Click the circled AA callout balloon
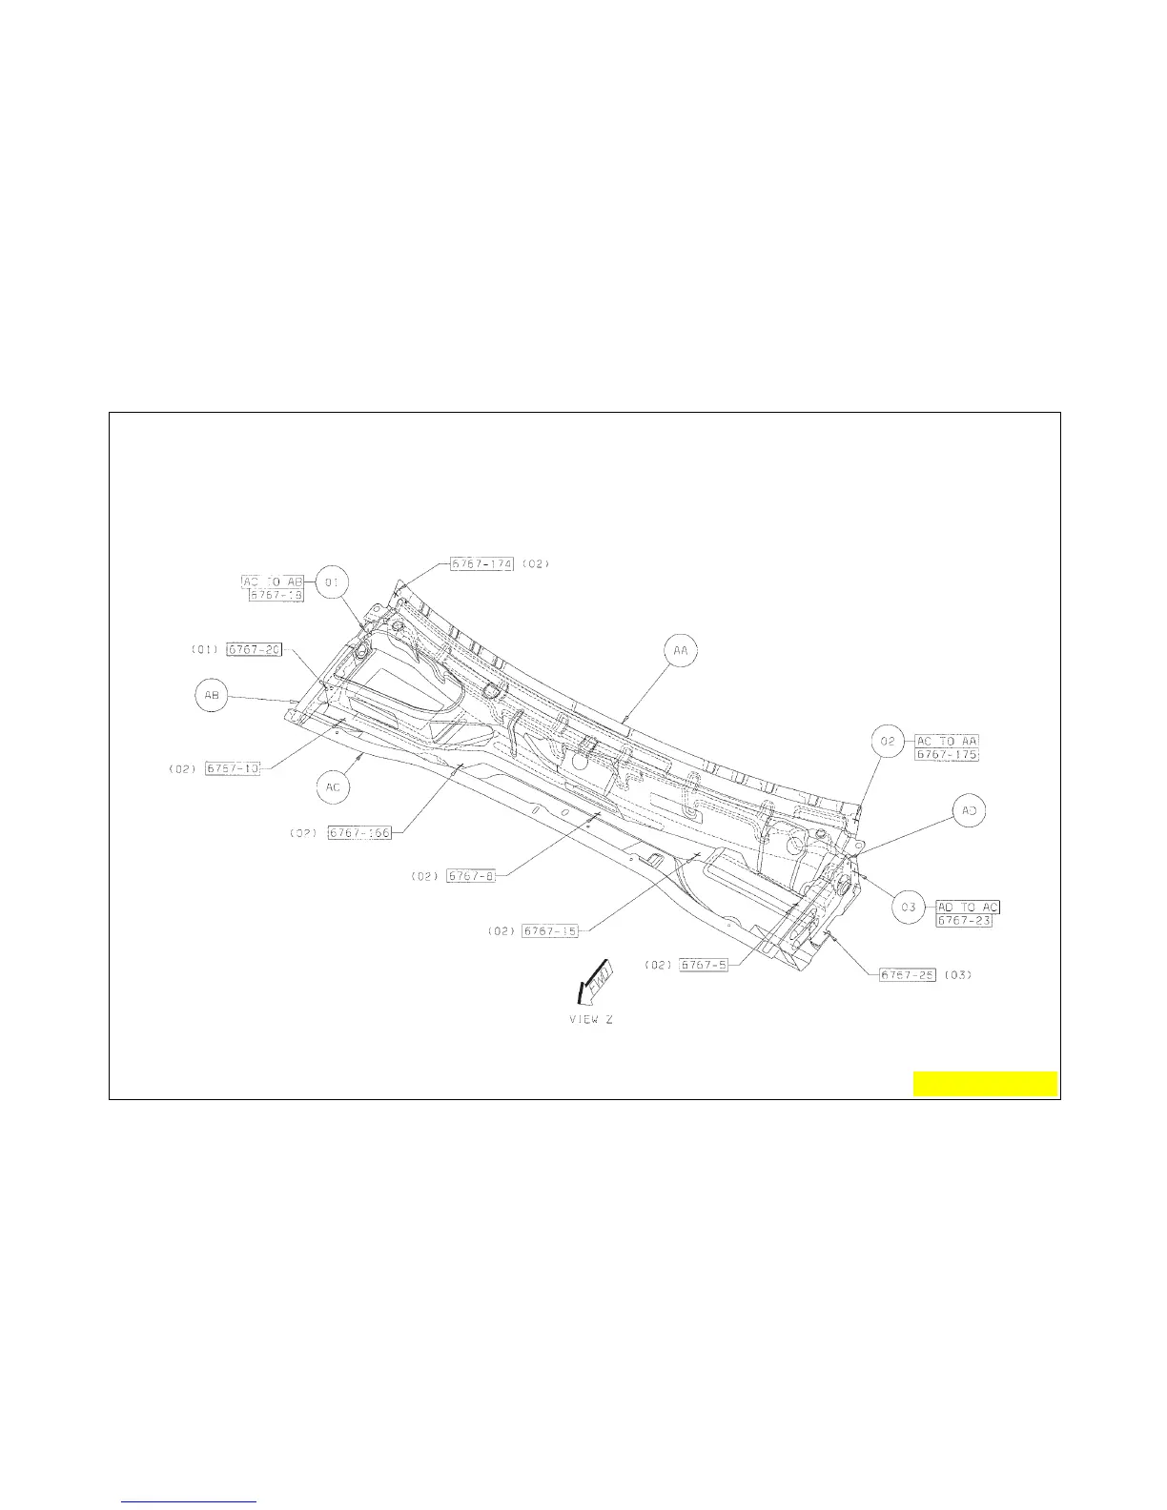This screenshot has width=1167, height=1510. (681, 650)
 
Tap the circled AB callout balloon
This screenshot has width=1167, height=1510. (212, 696)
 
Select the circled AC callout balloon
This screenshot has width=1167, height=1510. (334, 787)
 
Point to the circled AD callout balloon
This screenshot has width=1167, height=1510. (969, 811)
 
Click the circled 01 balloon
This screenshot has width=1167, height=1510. (333, 582)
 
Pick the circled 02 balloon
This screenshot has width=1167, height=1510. (888, 741)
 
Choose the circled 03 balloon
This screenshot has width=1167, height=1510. (909, 908)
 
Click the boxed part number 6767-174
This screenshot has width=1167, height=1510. (482, 563)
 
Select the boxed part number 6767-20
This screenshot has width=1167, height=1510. (254, 649)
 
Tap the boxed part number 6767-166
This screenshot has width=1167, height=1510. (359, 833)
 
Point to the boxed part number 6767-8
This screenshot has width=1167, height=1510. (471, 876)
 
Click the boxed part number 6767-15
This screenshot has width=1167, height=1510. (550, 930)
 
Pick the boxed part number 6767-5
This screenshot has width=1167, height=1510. (704, 965)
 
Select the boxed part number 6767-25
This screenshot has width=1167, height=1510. (908, 974)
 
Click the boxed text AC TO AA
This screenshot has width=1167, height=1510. (948, 741)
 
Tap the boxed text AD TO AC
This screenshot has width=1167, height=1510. (968, 908)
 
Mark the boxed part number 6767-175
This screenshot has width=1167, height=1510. (948, 755)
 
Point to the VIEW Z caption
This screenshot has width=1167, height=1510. (585, 1019)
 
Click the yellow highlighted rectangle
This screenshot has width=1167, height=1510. (985, 1084)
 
